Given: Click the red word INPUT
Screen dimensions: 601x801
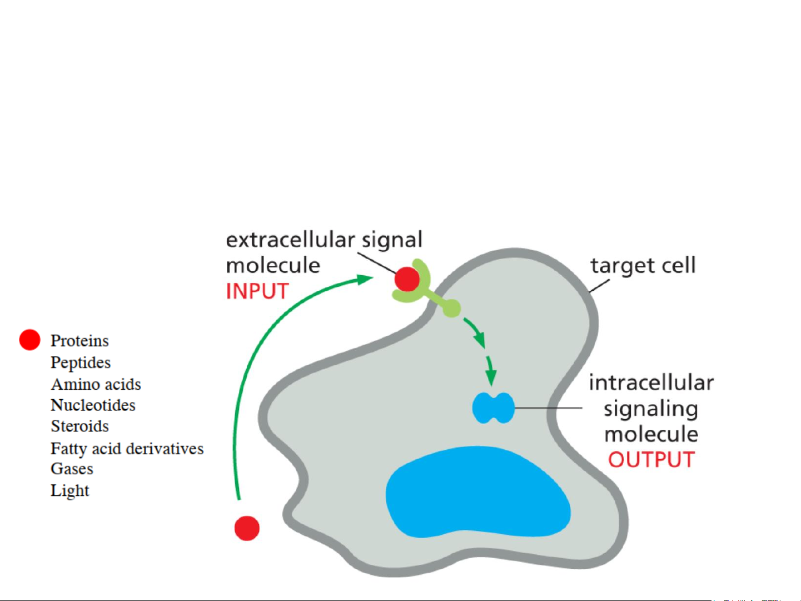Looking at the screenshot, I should pyautogui.click(x=257, y=291).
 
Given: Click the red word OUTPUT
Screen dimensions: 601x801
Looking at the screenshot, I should pyautogui.click(x=651, y=460).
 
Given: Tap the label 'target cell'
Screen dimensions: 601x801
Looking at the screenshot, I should pyautogui.click(x=643, y=265).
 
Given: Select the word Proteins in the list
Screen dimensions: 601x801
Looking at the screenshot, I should pyautogui.click(x=79, y=340).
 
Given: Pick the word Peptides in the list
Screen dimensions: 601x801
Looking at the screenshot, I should pyautogui.click(x=81, y=362).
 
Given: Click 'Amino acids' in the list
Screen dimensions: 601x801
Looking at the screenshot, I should pyautogui.click(x=96, y=384).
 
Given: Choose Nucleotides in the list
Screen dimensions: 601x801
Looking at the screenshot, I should pyautogui.click(x=93, y=405).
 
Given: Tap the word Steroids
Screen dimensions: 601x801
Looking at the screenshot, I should pyautogui.click(x=79, y=426).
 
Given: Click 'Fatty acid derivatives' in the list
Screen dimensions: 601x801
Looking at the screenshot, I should pyautogui.click(x=127, y=449).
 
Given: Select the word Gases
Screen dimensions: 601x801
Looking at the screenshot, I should pyautogui.click(x=72, y=469).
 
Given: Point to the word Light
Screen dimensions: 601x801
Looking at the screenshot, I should pyautogui.click(x=69, y=490).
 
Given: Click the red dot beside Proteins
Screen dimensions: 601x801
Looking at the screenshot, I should pyautogui.click(x=30, y=340).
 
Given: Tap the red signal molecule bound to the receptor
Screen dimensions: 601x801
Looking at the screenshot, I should pyautogui.click(x=407, y=279).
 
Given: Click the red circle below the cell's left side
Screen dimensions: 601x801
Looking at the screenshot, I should pyautogui.click(x=247, y=528).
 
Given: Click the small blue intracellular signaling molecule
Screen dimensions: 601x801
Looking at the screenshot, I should pyautogui.click(x=492, y=408).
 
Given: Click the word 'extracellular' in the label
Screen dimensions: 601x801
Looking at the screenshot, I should pyautogui.click(x=290, y=240).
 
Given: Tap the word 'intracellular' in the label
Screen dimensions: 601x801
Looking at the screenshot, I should pyautogui.click(x=651, y=383).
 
